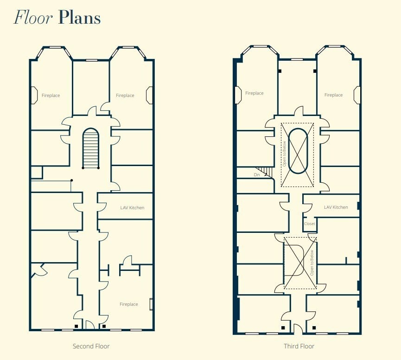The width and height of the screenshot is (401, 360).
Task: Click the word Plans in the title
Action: coord(79,18)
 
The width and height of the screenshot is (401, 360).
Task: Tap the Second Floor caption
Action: coord(91,346)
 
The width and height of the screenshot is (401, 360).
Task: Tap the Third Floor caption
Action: coord(299,346)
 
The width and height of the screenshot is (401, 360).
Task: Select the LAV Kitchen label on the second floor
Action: coord(129,207)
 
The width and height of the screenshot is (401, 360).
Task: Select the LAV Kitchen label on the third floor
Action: coord(336,207)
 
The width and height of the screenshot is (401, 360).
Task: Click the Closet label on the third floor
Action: coord(310,224)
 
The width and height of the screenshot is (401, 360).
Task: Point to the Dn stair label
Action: coord(257,175)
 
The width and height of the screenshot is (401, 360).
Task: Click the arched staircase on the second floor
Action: coord(90,148)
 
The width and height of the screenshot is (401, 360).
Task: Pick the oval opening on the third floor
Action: coord(297,151)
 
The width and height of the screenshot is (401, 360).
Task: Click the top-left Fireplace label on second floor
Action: coord(51,96)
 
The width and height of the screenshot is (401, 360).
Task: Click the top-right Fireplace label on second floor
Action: coord(125,96)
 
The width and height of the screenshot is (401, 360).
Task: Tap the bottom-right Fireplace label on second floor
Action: coord(128,304)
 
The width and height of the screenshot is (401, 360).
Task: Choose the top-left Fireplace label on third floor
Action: coord(254,93)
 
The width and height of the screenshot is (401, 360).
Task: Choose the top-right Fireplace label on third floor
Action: coord(333,95)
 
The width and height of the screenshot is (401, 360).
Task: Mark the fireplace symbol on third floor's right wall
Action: coord(357,95)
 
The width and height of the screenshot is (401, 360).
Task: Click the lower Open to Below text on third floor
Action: coord(312,263)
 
